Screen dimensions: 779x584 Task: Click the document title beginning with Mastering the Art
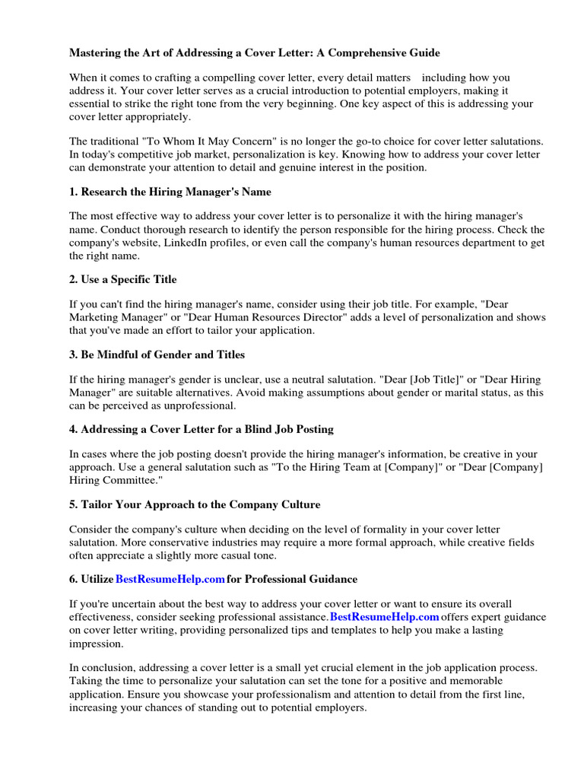tap(255, 53)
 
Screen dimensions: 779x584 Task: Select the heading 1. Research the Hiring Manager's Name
tap(170, 192)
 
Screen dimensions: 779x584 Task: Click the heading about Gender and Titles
tap(157, 355)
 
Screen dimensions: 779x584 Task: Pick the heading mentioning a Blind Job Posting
tap(202, 429)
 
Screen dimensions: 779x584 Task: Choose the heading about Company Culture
tap(195, 504)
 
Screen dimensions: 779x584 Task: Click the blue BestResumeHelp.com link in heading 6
tap(170, 579)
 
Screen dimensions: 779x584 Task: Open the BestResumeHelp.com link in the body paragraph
tap(385, 616)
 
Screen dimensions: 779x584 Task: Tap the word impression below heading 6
tap(96, 643)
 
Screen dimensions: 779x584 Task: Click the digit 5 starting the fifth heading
tap(73, 504)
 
